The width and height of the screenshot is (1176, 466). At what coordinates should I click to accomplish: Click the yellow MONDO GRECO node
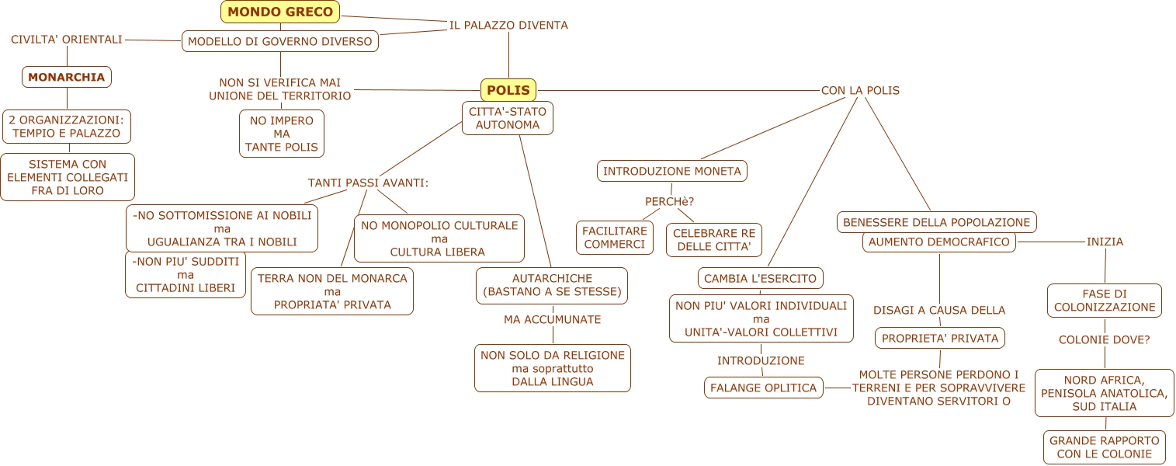pyautogui.click(x=280, y=12)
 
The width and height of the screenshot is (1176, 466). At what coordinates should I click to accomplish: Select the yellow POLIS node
pyautogui.click(x=508, y=90)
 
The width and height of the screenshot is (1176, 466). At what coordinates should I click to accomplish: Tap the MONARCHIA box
pyautogui.click(x=67, y=77)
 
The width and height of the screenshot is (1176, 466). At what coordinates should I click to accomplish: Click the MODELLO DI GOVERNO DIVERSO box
pyautogui.click(x=280, y=41)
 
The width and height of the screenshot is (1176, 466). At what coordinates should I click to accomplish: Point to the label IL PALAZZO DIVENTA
pyautogui.click(x=508, y=25)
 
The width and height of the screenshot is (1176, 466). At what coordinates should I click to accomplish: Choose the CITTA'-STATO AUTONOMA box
pyautogui.click(x=508, y=118)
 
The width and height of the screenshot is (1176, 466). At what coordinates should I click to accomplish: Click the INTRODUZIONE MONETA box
pyautogui.click(x=672, y=171)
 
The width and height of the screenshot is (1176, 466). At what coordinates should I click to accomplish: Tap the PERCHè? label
pyautogui.click(x=669, y=202)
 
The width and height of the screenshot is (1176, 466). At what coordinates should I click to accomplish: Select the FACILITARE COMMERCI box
pyautogui.click(x=615, y=238)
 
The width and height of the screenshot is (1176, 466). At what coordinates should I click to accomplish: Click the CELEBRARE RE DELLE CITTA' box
pyautogui.click(x=714, y=240)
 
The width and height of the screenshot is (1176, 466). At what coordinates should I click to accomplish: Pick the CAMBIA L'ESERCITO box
pyautogui.click(x=761, y=278)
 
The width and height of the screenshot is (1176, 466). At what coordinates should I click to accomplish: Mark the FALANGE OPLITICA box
pyautogui.click(x=764, y=388)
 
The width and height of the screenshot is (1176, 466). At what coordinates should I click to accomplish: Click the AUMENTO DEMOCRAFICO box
pyautogui.click(x=939, y=242)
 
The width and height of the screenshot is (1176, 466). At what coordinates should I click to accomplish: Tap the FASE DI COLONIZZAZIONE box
pyautogui.click(x=1105, y=301)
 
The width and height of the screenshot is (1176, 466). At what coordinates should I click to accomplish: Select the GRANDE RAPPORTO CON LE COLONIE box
pyautogui.click(x=1105, y=447)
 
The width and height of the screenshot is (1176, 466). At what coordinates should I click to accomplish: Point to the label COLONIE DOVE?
pyautogui.click(x=1105, y=339)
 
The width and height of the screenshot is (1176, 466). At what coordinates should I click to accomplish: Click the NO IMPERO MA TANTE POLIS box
pyautogui.click(x=282, y=134)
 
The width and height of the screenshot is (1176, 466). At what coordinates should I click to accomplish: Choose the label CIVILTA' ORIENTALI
pyautogui.click(x=67, y=39)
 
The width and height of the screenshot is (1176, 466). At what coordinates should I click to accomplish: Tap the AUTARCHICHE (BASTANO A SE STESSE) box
pyautogui.click(x=552, y=285)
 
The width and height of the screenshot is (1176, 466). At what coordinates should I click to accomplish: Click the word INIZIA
pyautogui.click(x=1105, y=242)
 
